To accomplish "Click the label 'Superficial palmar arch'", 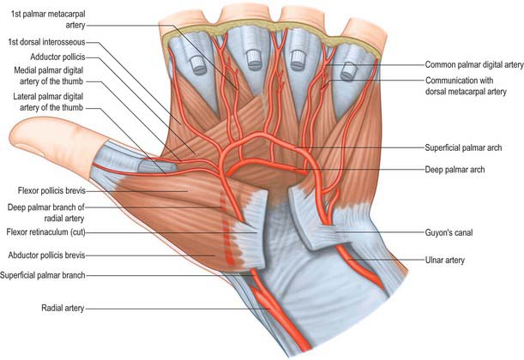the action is pyautogui.click(x=463, y=147).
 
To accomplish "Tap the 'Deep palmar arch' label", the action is pyautogui.click(x=455, y=170).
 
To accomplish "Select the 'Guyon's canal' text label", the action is pyautogui.click(x=449, y=232).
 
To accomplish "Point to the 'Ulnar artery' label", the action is pyautogui.click(x=444, y=260).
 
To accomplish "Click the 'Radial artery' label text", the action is pyautogui.click(x=63, y=308).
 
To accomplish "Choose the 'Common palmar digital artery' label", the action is pyautogui.click(x=474, y=65).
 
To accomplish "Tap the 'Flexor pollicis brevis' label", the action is pyautogui.click(x=51, y=190).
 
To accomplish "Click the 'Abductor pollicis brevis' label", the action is pyautogui.click(x=47, y=255).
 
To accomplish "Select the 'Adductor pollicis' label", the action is pyautogui.click(x=57, y=57).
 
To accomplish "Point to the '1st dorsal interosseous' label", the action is pyautogui.click(x=47, y=42).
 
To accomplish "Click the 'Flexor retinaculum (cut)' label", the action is pyautogui.click(x=46, y=232).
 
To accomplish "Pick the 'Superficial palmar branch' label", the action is pyautogui.click(x=43, y=275).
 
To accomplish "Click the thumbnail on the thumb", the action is pyautogui.click(x=29, y=147).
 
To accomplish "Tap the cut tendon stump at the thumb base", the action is pyautogui.click(x=156, y=165).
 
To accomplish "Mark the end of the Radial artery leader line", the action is pyautogui.click(x=270, y=309).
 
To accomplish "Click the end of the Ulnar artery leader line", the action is pyautogui.click(x=347, y=260).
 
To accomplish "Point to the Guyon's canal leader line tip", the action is pyautogui.click(x=335, y=231).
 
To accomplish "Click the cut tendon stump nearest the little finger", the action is pyautogui.click(x=350, y=71).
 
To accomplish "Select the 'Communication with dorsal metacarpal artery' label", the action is pyautogui.click(x=466, y=86).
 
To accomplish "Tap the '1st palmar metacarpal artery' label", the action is pyautogui.click(x=48, y=20).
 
